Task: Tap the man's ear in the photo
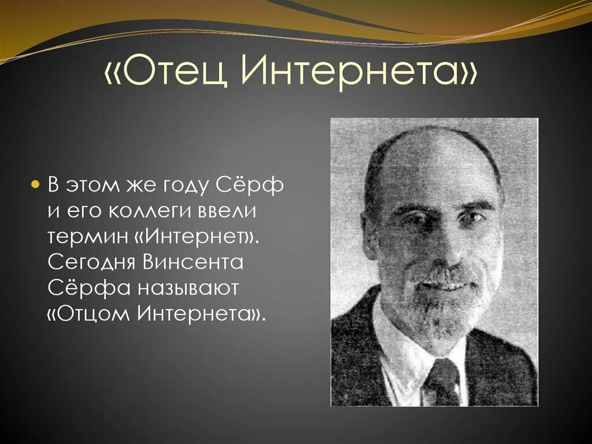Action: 370,234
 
